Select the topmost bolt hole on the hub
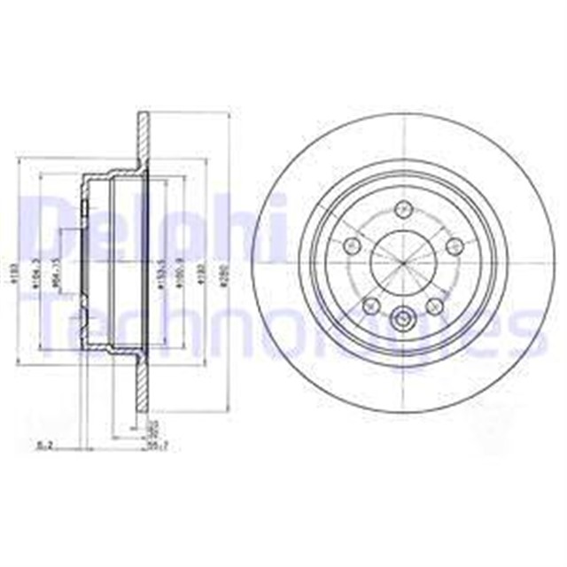tap(404, 210)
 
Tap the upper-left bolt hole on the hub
tap(351, 245)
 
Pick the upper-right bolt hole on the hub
tap(455, 245)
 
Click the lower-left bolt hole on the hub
tap(370, 306)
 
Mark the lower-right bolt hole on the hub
tap(436, 306)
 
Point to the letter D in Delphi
tap(40, 226)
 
